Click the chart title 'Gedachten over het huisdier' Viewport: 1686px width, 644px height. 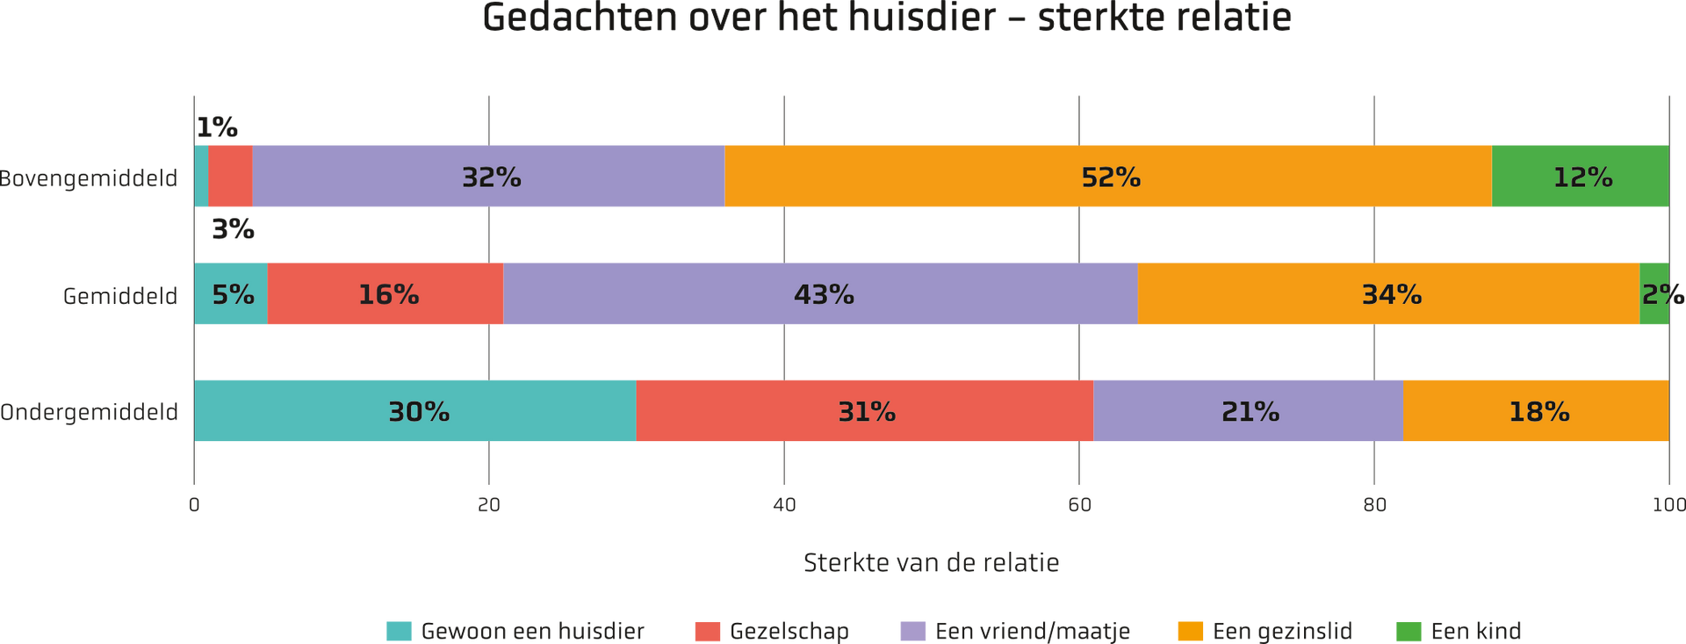739,18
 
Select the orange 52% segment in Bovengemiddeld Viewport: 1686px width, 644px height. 1108,176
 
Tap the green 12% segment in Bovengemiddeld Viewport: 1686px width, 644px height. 1581,176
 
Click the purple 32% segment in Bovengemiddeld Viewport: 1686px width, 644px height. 488,176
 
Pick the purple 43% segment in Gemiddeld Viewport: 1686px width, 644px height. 820,293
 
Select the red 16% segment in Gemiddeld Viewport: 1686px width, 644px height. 385,293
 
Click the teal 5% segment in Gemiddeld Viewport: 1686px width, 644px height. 231,293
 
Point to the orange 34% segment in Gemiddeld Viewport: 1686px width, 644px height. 1388,293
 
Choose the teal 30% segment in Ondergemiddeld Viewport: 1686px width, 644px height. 415,410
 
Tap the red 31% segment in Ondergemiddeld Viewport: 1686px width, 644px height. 865,410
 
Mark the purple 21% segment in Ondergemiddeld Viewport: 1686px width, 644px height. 1249,410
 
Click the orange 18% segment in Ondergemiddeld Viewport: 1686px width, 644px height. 1536,410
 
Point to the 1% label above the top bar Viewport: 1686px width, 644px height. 217,128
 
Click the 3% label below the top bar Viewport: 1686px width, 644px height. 233,229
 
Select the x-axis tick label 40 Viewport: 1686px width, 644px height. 784,505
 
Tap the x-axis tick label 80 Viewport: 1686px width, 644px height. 1374,505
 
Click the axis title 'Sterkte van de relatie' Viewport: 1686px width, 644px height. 932,562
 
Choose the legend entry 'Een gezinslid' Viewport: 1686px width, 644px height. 1265,631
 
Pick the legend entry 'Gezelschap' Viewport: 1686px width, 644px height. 773,631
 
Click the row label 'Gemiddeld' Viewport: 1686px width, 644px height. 120,296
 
